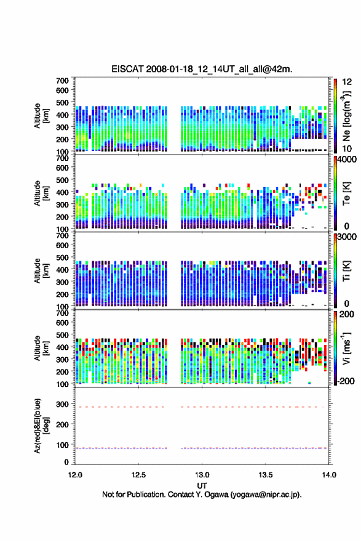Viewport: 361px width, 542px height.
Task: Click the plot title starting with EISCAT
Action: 202,69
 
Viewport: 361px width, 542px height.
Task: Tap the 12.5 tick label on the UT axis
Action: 138,475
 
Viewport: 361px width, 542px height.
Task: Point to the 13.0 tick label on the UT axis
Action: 202,475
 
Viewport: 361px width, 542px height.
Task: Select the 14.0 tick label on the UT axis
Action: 329,475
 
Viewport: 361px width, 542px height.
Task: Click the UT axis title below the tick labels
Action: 202,486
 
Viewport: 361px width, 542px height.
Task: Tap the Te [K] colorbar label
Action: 346,193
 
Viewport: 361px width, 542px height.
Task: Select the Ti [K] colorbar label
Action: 346,271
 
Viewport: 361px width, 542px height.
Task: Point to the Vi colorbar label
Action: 346,349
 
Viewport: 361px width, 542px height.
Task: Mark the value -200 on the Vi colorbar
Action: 345,381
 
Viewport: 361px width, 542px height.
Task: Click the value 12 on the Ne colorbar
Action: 347,82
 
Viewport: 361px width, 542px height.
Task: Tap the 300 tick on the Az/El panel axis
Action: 62,404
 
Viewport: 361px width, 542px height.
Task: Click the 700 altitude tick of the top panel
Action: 62,81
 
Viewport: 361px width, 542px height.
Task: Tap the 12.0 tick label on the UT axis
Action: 75,475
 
